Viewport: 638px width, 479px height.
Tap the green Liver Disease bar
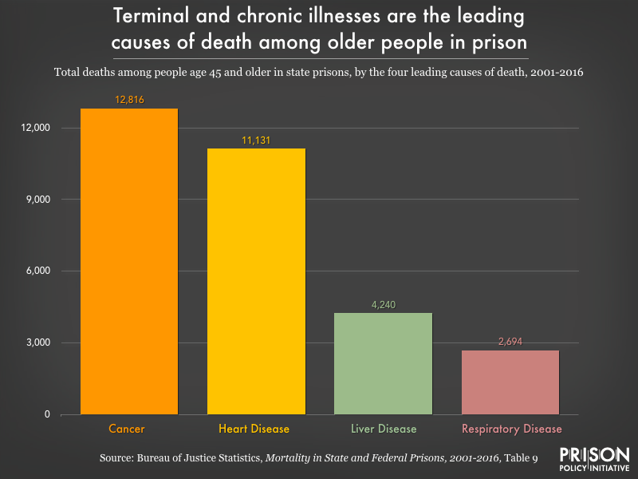[384, 363]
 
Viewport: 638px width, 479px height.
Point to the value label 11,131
[256, 141]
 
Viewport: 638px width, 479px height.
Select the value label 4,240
[384, 305]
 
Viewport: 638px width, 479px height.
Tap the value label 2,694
[510, 342]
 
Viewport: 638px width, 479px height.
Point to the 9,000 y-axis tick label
[37, 200]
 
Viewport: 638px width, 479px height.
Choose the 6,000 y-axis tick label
[37, 271]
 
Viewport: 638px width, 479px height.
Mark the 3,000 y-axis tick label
[37, 343]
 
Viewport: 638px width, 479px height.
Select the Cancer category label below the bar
[127, 429]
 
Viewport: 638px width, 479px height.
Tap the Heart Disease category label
[255, 429]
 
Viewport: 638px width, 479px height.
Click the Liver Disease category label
[384, 429]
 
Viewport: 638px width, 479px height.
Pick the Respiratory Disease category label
[510, 429]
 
